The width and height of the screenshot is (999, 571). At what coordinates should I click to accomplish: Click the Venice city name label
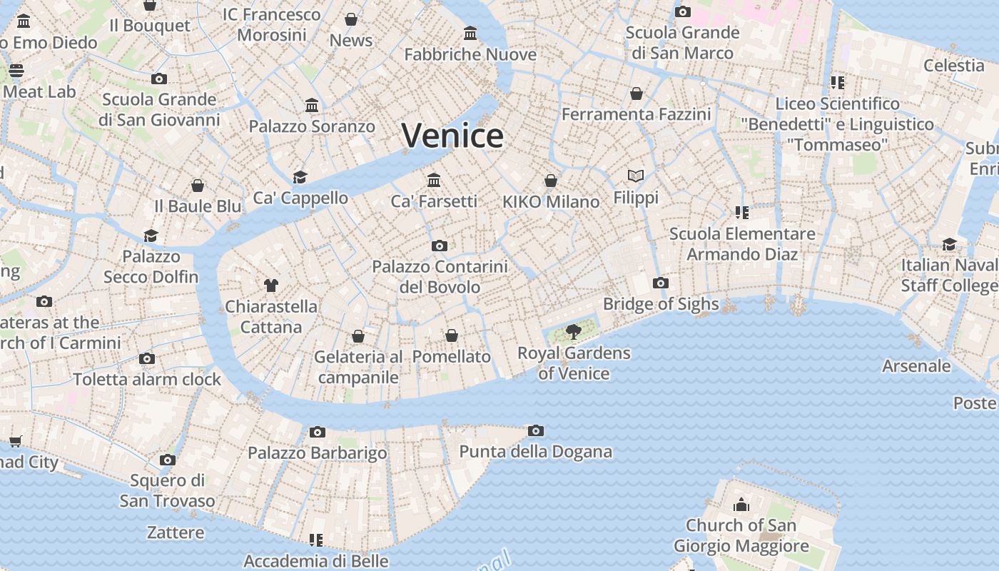click(452, 136)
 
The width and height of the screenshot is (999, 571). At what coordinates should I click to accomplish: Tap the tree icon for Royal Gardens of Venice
click(573, 331)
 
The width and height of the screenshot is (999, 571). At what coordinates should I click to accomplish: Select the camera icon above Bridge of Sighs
click(661, 283)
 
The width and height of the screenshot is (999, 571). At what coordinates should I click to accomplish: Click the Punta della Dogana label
click(535, 452)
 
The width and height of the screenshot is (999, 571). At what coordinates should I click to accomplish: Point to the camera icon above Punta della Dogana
click(535, 430)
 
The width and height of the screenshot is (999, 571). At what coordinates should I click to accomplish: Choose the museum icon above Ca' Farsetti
click(434, 180)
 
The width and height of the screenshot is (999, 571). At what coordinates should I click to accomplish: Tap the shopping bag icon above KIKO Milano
click(551, 181)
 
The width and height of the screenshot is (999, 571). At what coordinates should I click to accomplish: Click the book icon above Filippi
click(636, 176)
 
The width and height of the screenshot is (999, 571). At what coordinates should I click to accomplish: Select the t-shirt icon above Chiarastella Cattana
click(270, 285)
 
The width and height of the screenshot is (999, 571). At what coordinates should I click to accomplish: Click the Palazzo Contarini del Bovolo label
click(440, 277)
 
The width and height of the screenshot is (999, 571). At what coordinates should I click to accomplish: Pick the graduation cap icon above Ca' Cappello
click(300, 176)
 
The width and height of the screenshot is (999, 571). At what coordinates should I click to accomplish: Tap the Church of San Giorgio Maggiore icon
click(741, 505)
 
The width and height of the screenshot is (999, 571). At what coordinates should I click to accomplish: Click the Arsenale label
click(916, 366)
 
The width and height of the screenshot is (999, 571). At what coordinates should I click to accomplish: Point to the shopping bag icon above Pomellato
click(452, 335)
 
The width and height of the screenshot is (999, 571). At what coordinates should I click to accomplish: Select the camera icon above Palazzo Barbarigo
click(318, 432)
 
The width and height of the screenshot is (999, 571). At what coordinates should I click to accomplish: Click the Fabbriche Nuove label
click(470, 55)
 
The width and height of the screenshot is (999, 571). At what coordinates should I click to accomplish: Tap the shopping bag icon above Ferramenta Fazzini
click(637, 94)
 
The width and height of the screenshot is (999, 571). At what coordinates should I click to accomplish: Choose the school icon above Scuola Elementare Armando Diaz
click(741, 212)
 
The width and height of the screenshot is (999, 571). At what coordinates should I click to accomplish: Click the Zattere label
click(176, 532)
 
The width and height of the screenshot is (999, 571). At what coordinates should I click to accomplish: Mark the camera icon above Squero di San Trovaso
click(168, 460)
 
